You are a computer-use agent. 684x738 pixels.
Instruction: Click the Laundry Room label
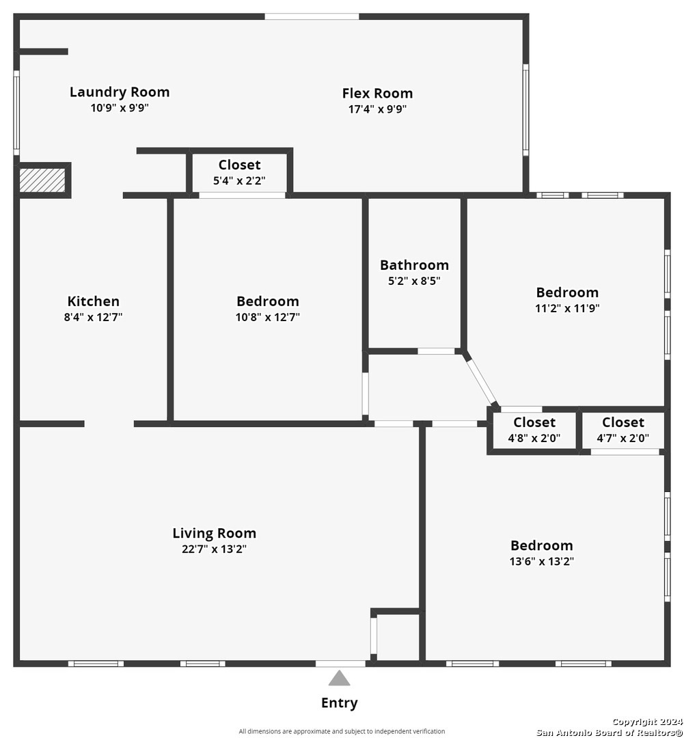(120, 92)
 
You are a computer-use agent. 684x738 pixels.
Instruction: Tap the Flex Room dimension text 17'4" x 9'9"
(377, 109)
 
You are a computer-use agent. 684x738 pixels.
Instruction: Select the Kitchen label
(94, 301)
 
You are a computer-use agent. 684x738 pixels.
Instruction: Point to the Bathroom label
(414, 265)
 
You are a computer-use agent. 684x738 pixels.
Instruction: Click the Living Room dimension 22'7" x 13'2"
(214, 549)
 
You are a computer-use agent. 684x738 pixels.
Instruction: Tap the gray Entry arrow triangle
(339, 678)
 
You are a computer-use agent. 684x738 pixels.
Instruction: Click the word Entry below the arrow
(339, 703)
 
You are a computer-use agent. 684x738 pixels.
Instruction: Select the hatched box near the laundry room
(42, 180)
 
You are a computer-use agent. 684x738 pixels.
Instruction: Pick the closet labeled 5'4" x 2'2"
(239, 174)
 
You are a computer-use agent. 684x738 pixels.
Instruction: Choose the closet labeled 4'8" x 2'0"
(534, 430)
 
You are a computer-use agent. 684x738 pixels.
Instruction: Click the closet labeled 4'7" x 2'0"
(623, 430)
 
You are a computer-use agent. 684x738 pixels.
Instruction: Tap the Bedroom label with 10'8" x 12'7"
(267, 301)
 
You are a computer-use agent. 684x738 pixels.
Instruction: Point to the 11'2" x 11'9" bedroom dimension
(567, 308)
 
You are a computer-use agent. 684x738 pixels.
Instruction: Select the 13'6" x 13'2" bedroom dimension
(542, 562)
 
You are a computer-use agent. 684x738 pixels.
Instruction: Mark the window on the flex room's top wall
(312, 16)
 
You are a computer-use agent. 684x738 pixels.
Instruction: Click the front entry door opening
(340, 663)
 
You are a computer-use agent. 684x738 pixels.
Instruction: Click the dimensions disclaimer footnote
(342, 731)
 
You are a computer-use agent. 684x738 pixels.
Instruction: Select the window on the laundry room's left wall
(16, 113)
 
